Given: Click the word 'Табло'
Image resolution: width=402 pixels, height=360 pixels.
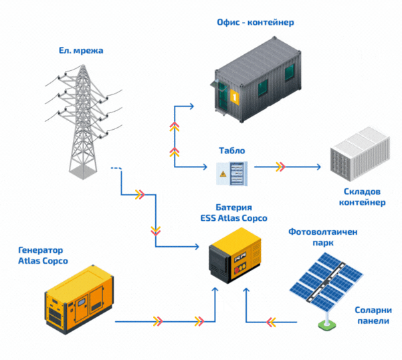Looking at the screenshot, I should coord(229,151).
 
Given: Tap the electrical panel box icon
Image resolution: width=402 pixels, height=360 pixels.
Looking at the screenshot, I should coord(231,173).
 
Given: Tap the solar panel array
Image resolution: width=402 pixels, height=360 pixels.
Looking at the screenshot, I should coord(328,281).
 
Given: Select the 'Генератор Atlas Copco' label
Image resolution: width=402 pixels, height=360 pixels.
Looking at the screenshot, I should coord(43,255).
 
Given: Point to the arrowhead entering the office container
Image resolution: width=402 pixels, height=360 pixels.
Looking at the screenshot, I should coord(191,105).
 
